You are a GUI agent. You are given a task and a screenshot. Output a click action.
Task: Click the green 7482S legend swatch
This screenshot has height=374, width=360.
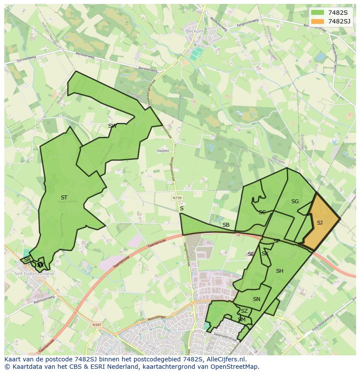point(318,13)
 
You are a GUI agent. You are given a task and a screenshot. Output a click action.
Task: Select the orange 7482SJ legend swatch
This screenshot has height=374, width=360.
point(318,21)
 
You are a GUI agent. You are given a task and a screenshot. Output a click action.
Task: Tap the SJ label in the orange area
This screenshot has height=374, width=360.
point(320,223)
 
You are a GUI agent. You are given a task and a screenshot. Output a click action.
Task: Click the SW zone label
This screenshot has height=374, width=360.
point(112,126)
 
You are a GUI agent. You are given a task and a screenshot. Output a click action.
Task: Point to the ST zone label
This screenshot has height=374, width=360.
point(64,198)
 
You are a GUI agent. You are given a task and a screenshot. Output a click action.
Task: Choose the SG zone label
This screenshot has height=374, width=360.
point(295,202)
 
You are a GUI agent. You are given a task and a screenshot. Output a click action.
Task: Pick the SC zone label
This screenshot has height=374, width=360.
point(262,212)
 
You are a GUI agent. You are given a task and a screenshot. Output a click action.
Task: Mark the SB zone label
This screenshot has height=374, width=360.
point(226,225)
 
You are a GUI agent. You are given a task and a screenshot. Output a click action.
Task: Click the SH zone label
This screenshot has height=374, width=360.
point(280,271)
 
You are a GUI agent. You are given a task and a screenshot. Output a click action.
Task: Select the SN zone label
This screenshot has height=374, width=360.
point(257,299)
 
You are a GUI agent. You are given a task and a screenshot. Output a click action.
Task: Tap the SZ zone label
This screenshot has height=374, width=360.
point(244,311)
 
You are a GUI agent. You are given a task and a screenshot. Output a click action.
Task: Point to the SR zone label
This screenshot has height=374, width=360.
point(27,260)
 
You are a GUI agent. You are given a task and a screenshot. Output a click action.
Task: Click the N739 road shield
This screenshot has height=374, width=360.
point(177,198)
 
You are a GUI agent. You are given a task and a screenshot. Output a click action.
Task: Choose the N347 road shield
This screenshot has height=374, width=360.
point(96,324)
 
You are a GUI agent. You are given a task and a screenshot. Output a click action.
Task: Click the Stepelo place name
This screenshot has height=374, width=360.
point(163,151)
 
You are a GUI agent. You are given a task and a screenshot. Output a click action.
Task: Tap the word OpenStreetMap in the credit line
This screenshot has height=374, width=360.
point(236,367)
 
